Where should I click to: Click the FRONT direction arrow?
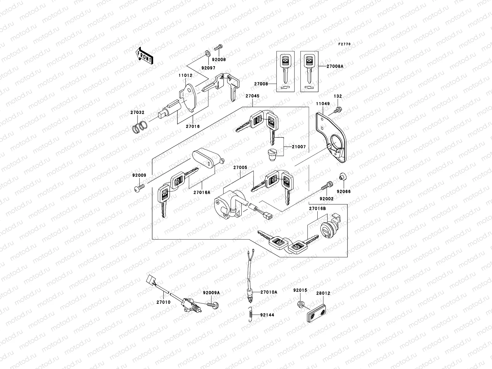tap(145, 55)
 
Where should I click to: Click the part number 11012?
tap(185, 75)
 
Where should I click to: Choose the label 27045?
tap(252, 96)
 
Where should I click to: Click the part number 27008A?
tap(335, 66)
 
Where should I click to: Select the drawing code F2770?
tap(344, 44)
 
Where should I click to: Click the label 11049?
tap(323, 104)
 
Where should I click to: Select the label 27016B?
tap(317, 208)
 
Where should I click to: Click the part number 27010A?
tap(268, 292)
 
